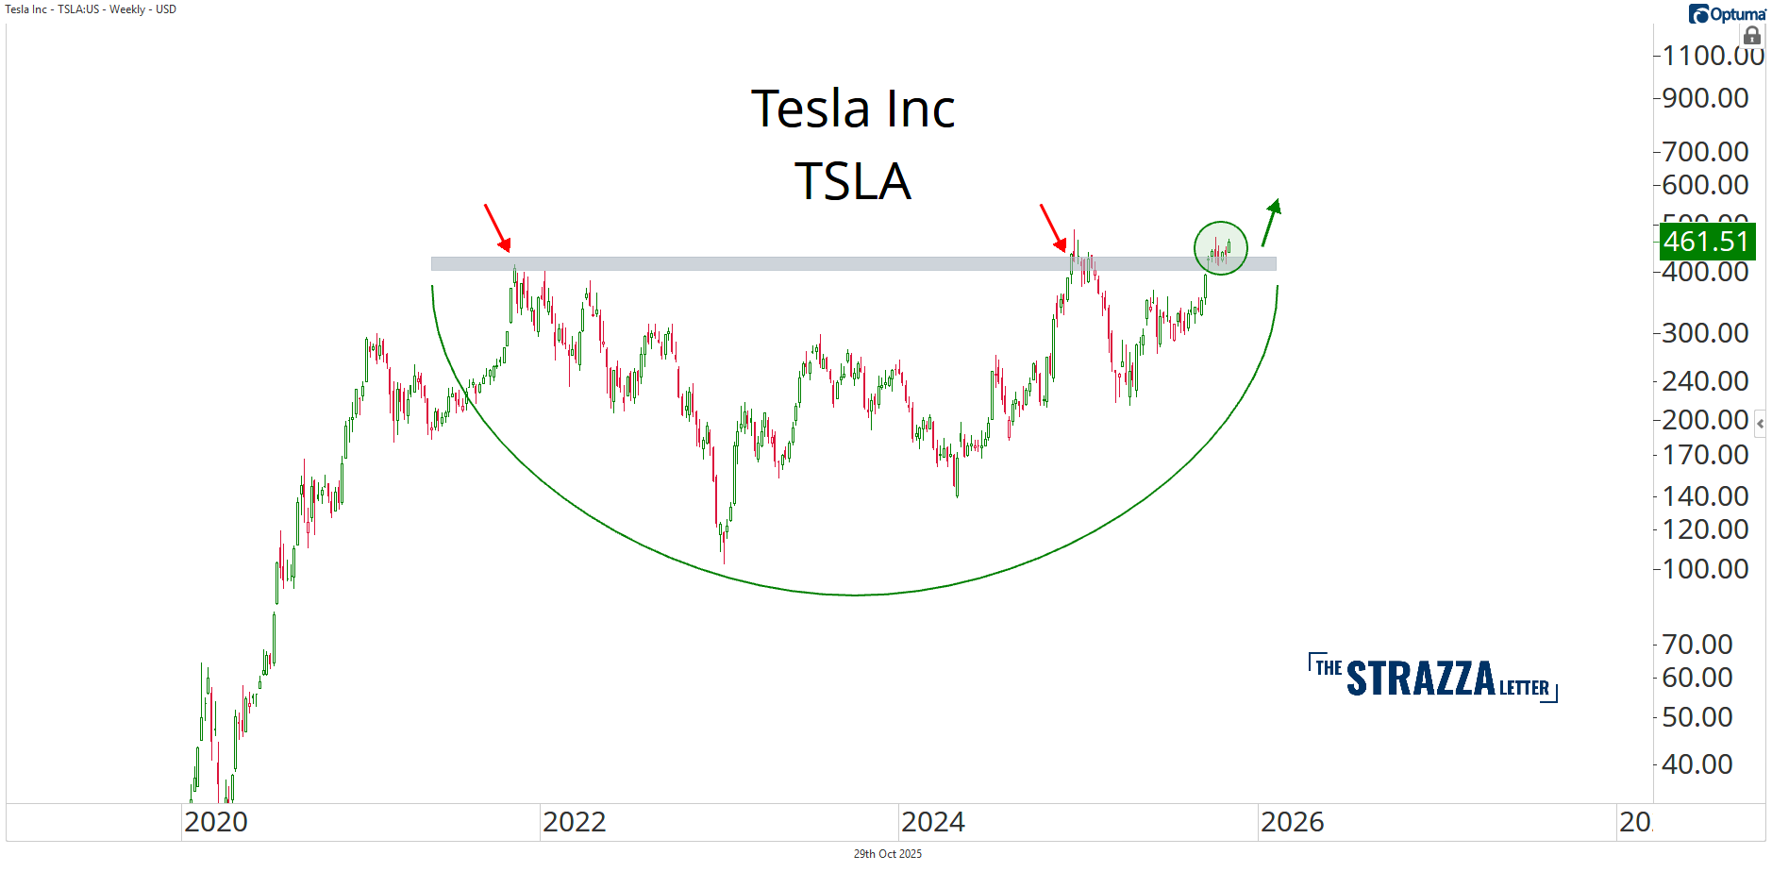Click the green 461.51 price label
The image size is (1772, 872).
[x=1706, y=242]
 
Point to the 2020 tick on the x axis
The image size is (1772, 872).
[x=216, y=822]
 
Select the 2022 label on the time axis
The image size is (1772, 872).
[x=574, y=822]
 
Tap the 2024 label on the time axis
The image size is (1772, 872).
[x=933, y=822]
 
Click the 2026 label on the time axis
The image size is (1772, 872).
[x=1292, y=822]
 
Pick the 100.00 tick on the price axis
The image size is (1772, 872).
[x=1705, y=569]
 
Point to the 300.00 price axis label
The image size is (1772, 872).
[x=1705, y=333]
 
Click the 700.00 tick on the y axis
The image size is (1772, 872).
[x=1705, y=151]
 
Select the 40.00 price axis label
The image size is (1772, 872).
[x=1697, y=764]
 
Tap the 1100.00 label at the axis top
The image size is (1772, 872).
[x=1712, y=56]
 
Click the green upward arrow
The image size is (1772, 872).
[x=1271, y=222]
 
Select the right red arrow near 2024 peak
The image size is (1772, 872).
[x=1053, y=227]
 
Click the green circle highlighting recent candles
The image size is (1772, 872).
[x=1221, y=248]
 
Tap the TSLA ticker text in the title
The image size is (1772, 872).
[x=852, y=181]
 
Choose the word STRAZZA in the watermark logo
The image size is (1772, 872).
[x=1420, y=679]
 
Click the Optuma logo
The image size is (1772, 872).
[x=1728, y=14]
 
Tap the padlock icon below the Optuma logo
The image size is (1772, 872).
[x=1752, y=36]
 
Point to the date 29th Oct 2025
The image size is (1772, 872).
[x=887, y=854]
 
